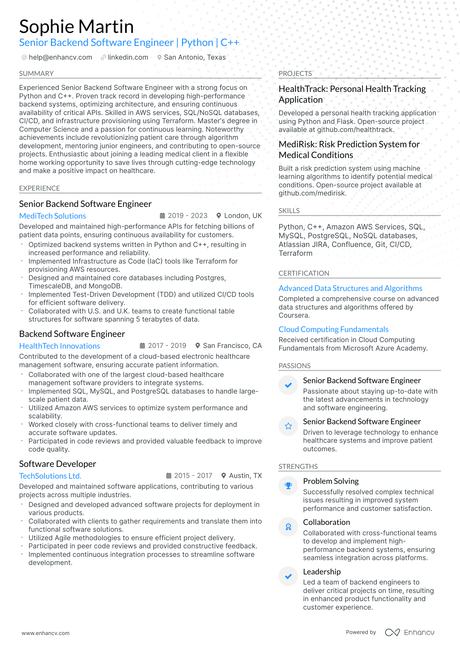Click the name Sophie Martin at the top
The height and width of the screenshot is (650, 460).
point(76,27)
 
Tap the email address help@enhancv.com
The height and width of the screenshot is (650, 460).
point(60,57)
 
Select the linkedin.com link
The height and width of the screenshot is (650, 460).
point(128,57)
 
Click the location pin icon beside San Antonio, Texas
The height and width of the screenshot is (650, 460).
point(159,57)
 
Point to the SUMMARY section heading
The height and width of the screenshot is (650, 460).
point(36,74)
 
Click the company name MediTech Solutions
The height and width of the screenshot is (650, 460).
point(53,216)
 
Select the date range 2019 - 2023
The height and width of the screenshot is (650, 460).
point(187,216)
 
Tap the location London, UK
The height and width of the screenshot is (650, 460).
point(243,216)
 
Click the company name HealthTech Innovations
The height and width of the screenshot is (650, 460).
point(59,346)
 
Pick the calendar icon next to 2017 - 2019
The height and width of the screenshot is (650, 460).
point(143,346)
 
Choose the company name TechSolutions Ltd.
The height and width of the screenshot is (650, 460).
point(50,476)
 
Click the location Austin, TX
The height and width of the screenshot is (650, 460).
point(245,476)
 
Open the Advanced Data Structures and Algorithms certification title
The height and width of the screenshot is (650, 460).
point(350,288)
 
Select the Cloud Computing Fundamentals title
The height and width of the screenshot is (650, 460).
point(333,329)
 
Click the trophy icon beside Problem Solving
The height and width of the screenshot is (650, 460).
point(288,486)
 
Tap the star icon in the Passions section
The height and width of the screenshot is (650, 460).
point(288,426)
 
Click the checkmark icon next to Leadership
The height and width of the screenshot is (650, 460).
point(288,576)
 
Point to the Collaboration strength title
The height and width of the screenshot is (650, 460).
point(326,522)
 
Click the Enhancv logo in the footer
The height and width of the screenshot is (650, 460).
point(409,632)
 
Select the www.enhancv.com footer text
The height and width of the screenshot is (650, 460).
point(45,633)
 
